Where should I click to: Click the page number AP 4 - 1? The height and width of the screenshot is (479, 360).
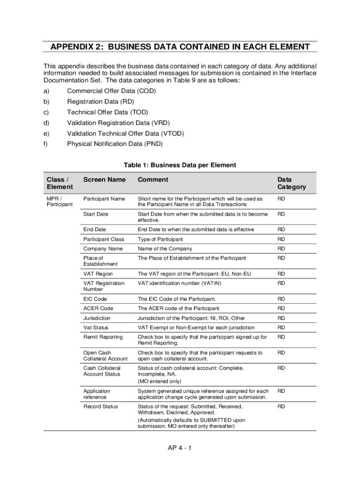pos(180,448)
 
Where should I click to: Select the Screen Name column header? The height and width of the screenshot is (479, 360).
pos(104,180)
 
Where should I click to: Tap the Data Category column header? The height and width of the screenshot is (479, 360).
pos(291,183)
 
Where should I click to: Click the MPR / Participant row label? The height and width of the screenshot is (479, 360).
pos(59,202)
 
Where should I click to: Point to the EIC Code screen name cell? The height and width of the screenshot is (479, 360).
pos(95,299)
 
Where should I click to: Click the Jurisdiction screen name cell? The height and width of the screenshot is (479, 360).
pos(97,318)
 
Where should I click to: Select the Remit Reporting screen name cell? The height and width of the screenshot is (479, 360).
pos(103,337)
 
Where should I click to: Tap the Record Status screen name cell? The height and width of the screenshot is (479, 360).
pos(101,406)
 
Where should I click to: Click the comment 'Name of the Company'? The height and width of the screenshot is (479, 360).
pos(165,249)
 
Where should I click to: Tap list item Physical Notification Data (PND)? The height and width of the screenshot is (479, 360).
pos(115,144)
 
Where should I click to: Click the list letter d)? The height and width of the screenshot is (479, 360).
pos(46,123)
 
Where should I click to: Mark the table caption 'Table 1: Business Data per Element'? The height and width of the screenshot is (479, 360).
pos(180,165)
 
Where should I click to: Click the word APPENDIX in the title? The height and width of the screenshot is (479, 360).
pos(74,47)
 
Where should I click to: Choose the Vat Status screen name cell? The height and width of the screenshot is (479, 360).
pos(95,327)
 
